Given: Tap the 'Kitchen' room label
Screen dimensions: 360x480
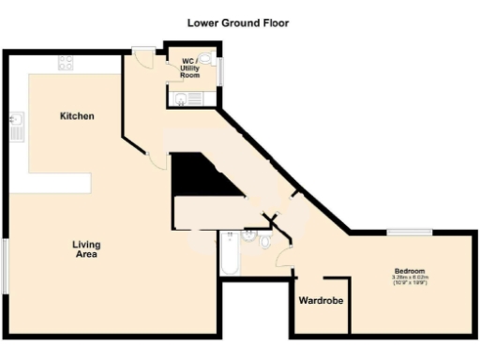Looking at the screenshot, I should pos(77,115).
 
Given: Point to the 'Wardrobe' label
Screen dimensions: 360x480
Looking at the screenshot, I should pos(319,302).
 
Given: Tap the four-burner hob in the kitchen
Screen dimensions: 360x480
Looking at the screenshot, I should pos(67,63).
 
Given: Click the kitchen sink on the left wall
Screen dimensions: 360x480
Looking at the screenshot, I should pos(16,125).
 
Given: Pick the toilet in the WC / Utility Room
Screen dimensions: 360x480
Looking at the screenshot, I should pos(205,57).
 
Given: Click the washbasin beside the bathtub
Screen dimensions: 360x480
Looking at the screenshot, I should pos(248,238).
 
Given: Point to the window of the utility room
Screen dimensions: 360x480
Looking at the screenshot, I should pos(220,70).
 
